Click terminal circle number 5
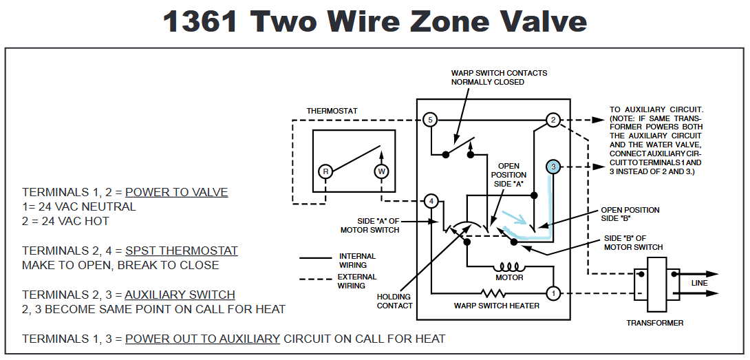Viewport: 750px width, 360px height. point(429,120)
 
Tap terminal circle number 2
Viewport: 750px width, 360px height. point(553,120)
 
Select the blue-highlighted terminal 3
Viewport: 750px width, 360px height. point(553,167)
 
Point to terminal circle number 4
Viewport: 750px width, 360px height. point(429,201)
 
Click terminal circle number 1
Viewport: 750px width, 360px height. point(553,293)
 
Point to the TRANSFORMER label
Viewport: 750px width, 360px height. point(654,323)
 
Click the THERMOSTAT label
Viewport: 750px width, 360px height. point(332,111)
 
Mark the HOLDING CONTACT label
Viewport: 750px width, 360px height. point(394,301)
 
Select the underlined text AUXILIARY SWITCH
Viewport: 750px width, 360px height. point(180,295)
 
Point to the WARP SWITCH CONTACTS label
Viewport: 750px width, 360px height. point(499,77)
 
